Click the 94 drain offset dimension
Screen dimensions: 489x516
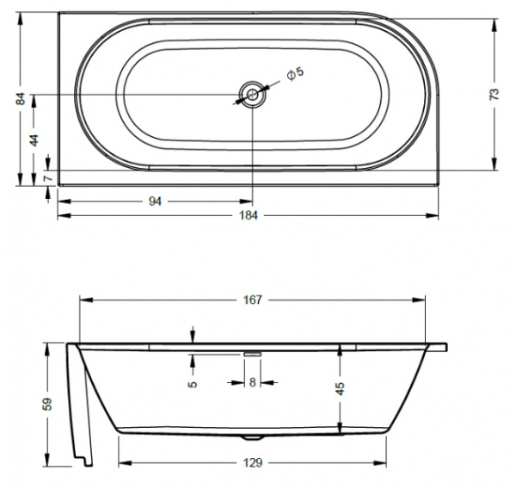pyautogui.click(x=155, y=201)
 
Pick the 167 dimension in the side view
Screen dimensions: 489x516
pyautogui.click(x=253, y=300)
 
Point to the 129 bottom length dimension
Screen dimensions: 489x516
pyautogui.click(x=253, y=462)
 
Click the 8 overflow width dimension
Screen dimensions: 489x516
pyautogui.click(x=252, y=382)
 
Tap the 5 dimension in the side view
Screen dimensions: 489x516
pyautogui.click(x=193, y=382)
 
